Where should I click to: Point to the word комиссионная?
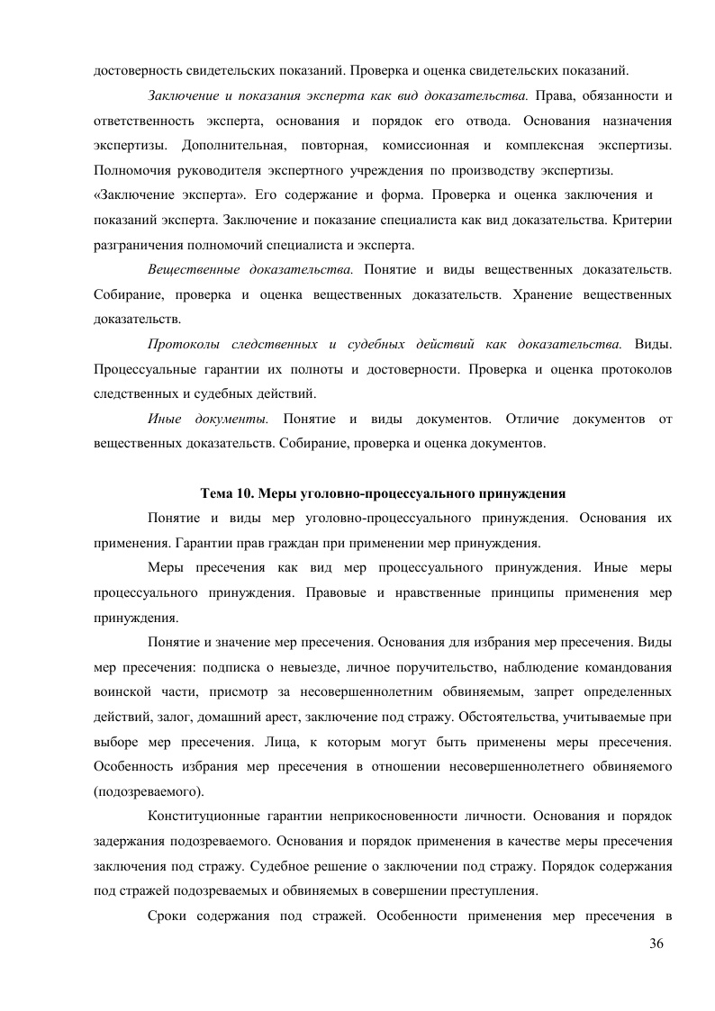[422, 144]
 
